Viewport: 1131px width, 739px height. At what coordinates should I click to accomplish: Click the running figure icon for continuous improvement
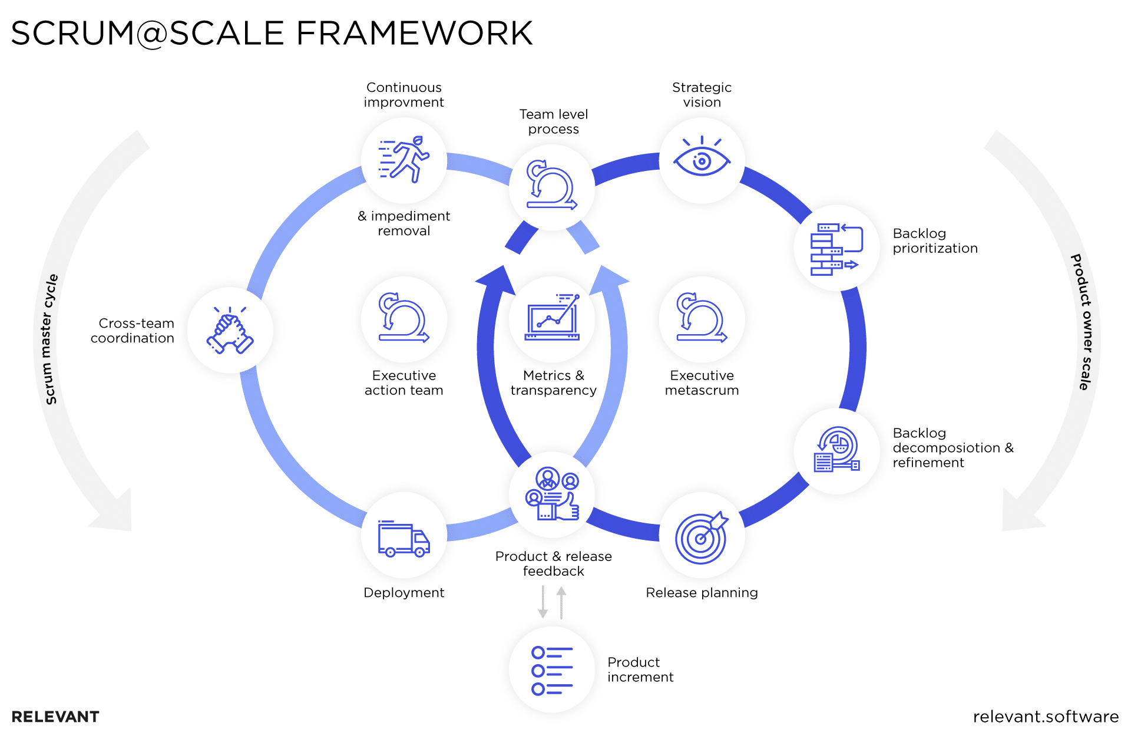[x=404, y=159]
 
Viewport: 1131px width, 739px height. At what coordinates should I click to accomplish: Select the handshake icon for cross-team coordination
[x=230, y=331]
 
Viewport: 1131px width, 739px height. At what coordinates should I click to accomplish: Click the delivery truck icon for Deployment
[x=404, y=539]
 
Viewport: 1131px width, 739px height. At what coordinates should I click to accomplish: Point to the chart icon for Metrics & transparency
[x=552, y=319]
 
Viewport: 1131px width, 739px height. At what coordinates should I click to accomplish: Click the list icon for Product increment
[x=552, y=671]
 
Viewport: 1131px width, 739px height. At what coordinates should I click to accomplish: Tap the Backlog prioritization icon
[x=836, y=249]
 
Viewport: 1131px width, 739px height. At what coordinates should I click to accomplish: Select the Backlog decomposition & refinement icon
[x=836, y=450]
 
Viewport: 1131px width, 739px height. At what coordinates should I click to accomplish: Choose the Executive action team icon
[x=404, y=319]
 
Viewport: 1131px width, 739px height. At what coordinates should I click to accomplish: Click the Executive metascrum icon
[x=702, y=319]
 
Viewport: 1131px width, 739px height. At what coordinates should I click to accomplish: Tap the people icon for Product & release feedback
[x=552, y=494]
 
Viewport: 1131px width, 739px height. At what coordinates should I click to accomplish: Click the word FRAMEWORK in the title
[x=414, y=33]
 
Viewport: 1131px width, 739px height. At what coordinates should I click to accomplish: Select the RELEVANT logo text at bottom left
[x=55, y=717]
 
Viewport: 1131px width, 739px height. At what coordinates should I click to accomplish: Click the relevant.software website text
[x=1045, y=717]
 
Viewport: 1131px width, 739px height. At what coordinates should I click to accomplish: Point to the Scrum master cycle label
[x=51, y=339]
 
